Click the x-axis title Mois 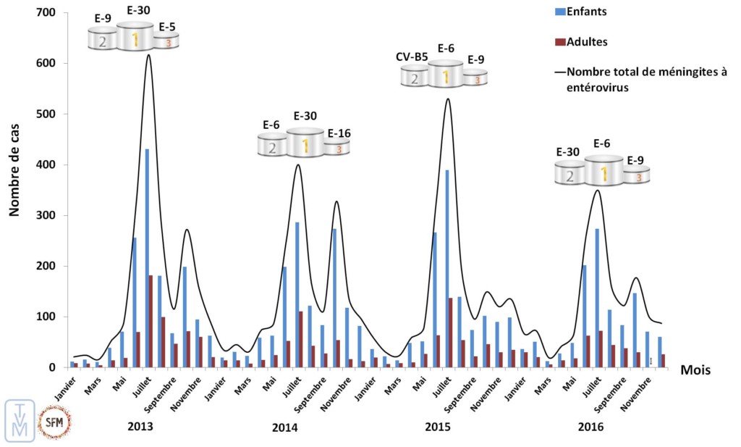[695, 370]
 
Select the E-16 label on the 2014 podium [339, 133]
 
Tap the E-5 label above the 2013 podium [167, 27]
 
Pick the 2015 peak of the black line [448, 99]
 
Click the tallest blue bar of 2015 [447, 269]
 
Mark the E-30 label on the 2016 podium [568, 152]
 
